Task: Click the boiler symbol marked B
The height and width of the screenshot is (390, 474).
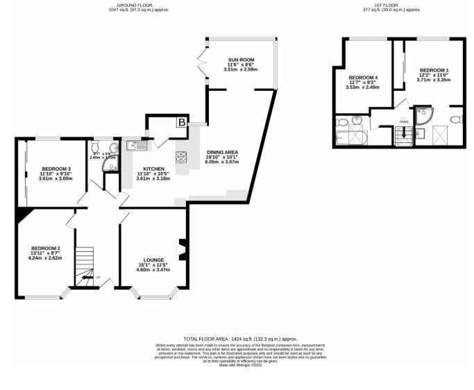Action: click(x=181, y=123)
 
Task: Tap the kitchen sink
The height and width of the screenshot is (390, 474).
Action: click(x=135, y=145)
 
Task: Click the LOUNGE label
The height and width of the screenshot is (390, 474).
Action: click(x=153, y=260)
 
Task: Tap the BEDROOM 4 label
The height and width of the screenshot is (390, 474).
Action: click(x=364, y=76)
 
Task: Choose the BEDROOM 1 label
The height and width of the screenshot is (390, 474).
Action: click(x=434, y=71)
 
